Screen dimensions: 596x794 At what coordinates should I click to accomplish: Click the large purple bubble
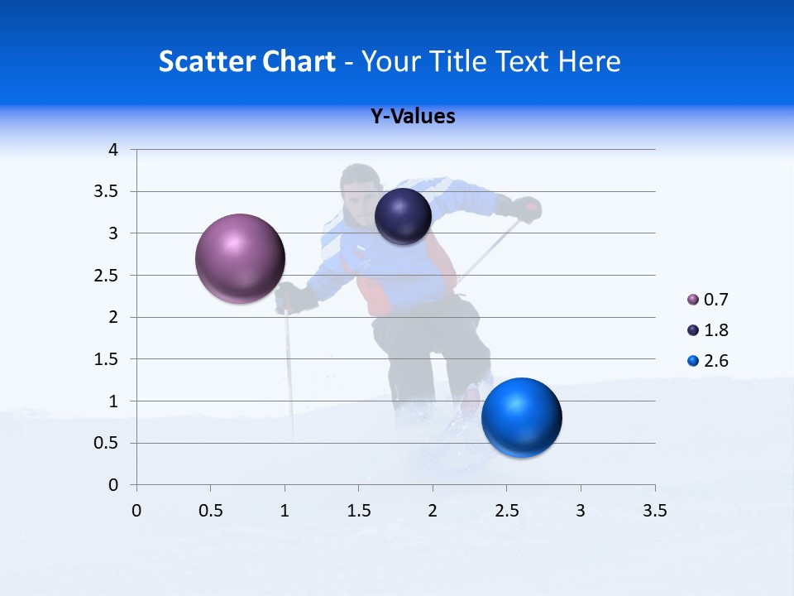(x=240, y=258)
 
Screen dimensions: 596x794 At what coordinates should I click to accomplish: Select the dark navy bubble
(x=403, y=216)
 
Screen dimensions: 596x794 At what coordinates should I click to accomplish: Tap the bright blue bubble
(x=521, y=417)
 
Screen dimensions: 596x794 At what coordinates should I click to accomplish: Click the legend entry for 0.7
(x=707, y=300)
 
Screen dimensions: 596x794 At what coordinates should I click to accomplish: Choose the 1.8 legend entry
(x=707, y=330)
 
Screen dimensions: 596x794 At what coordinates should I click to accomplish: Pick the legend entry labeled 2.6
(x=707, y=361)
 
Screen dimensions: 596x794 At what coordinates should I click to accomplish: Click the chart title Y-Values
(x=413, y=117)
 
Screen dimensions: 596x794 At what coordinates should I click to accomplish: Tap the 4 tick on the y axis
(x=114, y=150)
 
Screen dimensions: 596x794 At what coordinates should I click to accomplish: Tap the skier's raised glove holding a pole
(x=526, y=209)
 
